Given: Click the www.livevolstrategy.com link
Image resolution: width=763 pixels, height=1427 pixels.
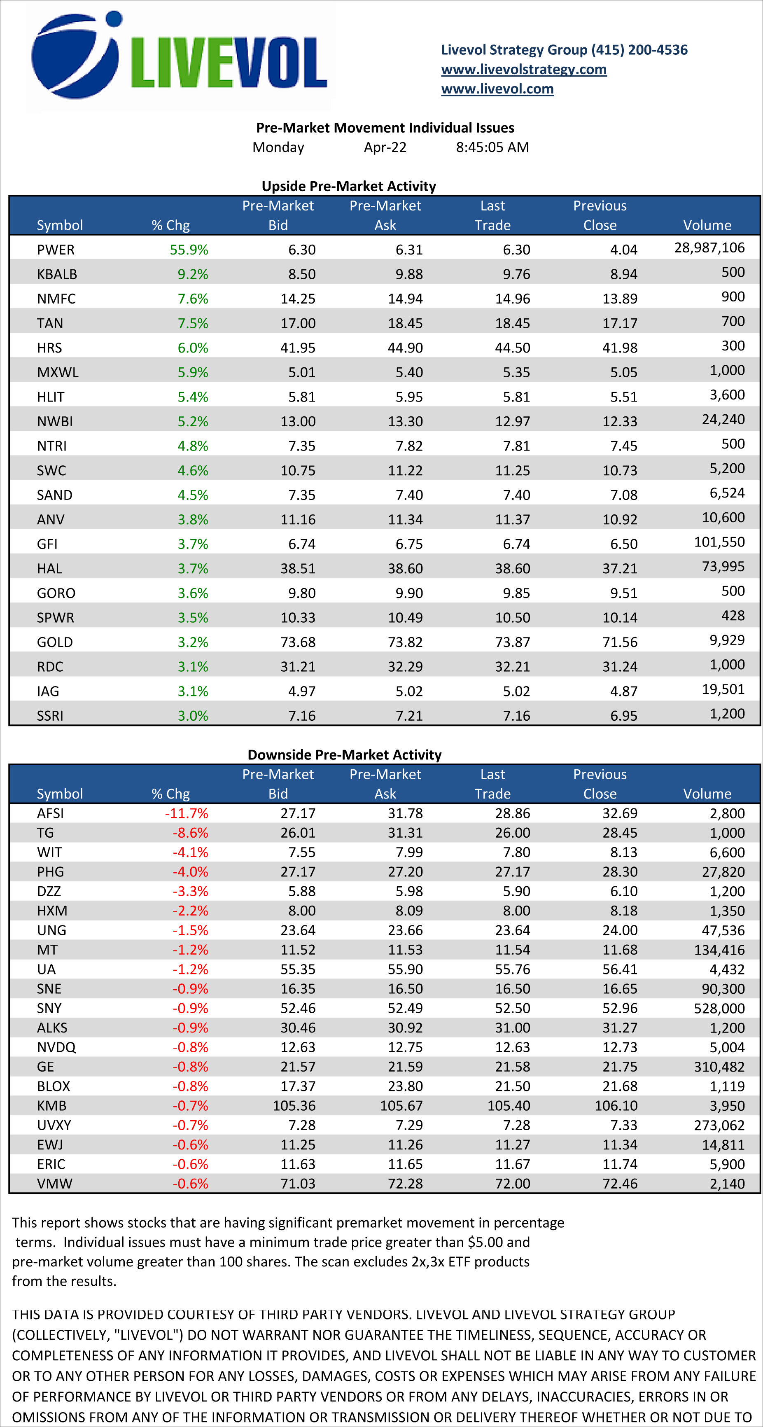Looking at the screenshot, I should click(x=523, y=69).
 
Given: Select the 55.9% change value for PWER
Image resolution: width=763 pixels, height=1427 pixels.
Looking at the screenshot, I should click(x=189, y=250).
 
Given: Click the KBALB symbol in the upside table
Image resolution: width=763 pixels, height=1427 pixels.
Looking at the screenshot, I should click(x=57, y=274).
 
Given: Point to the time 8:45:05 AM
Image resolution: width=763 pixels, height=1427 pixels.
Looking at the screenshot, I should click(x=492, y=147).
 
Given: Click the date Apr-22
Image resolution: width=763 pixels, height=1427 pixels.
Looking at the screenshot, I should click(x=385, y=147).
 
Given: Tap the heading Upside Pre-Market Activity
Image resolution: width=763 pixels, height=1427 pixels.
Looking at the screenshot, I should click(x=348, y=186).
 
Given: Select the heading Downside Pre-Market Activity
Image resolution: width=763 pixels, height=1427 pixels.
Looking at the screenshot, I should click(x=344, y=754).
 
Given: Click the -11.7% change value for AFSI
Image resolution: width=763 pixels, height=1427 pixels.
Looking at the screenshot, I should click(x=187, y=813).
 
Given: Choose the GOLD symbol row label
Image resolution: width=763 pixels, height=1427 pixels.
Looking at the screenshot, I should click(x=55, y=642).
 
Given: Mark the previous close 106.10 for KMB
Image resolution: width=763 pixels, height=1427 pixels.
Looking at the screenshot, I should click(x=616, y=1106).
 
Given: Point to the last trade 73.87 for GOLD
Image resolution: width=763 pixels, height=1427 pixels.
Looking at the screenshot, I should click(x=512, y=642).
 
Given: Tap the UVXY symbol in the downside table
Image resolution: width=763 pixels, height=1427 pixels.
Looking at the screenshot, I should click(x=54, y=1125).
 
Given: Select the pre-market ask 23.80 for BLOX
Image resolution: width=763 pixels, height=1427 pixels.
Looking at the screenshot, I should click(x=405, y=1086).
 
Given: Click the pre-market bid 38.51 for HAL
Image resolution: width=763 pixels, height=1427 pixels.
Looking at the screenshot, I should click(x=298, y=568).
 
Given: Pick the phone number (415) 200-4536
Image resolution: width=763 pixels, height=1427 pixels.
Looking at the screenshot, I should click(x=639, y=50).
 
